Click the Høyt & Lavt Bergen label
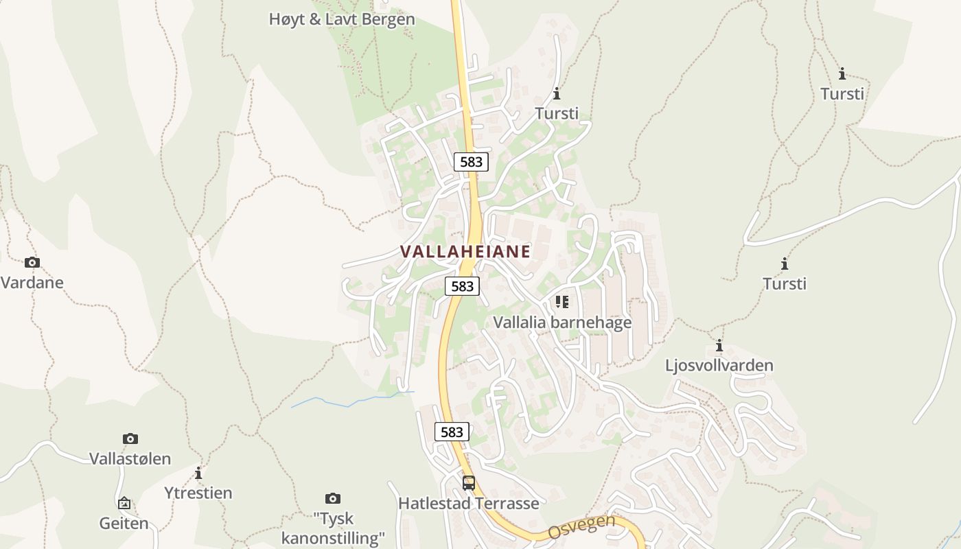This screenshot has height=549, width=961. (342, 19)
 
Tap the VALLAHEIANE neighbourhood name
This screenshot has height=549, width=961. (465, 251)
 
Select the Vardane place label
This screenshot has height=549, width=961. (32, 282)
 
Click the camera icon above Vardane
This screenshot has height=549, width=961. (32, 262)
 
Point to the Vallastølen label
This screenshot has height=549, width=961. (130, 458)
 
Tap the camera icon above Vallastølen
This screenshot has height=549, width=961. (130, 439)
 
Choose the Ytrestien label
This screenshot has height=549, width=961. (198, 493)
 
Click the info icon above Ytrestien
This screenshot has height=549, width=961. (198, 474)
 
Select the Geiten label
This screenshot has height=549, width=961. (124, 523)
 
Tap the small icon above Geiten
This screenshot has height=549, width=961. (124, 503)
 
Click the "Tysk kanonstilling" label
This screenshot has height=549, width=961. (333, 528)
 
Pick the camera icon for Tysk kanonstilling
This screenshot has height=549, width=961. (333, 498)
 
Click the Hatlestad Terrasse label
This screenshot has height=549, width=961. (468, 503)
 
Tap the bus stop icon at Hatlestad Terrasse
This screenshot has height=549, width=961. (468, 483)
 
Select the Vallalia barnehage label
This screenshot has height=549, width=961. (562, 322)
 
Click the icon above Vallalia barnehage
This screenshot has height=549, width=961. (562, 302)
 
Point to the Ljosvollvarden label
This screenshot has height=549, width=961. (719, 365)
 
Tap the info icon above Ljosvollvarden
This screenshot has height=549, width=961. (719, 345)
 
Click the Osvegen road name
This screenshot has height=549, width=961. (581, 526)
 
